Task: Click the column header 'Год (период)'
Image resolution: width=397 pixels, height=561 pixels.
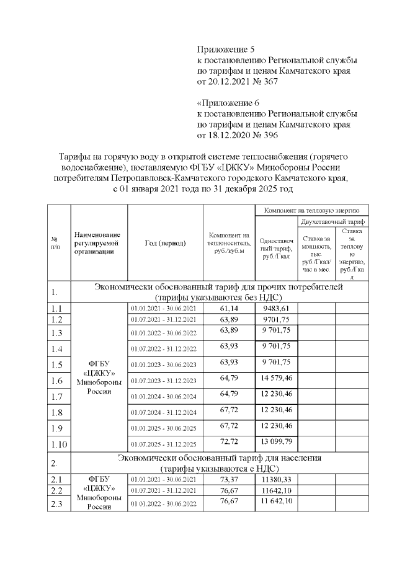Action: click(x=165, y=243)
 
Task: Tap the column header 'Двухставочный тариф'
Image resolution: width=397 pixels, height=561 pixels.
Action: click(x=333, y=221)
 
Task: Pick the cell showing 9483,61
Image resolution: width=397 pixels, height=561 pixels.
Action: click(x=276, y=308)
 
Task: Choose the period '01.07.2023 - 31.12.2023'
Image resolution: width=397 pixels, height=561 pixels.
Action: click(x=163, y=380)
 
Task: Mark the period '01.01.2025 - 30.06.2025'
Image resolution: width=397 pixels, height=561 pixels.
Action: click(x=163, y=428)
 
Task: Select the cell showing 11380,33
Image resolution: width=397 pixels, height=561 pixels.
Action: click(x=276, y=479)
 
